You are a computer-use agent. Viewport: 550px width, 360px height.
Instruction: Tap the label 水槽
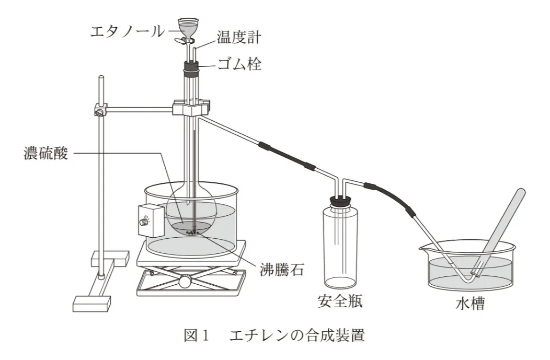pyautogui.click(x=470, y=303)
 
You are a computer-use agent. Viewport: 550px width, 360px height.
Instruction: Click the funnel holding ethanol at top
pyautogui.click(x=188, y=27)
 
